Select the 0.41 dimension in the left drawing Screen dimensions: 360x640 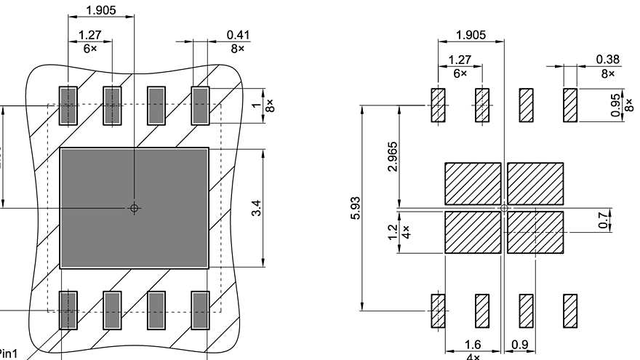click(x=237, y=34)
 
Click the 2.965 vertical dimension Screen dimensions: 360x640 click(x=393, y=156)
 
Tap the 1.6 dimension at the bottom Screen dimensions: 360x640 click(x=473, y=344)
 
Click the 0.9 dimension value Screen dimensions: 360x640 click(x=520, y=344)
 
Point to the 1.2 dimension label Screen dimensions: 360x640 click(x=393, y=231)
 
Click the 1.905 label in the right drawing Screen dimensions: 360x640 click(x=471, y=34)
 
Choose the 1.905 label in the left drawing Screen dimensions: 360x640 click(x=100, y=10)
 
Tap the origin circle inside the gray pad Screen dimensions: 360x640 click(x=134, y=208)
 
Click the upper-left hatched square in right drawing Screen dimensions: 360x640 click(x=473, y=183)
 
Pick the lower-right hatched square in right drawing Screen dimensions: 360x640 click(x=535, y=232)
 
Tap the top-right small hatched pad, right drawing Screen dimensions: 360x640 click(x=569, y=105)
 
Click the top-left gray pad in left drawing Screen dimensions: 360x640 click(x=68, y=105)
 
